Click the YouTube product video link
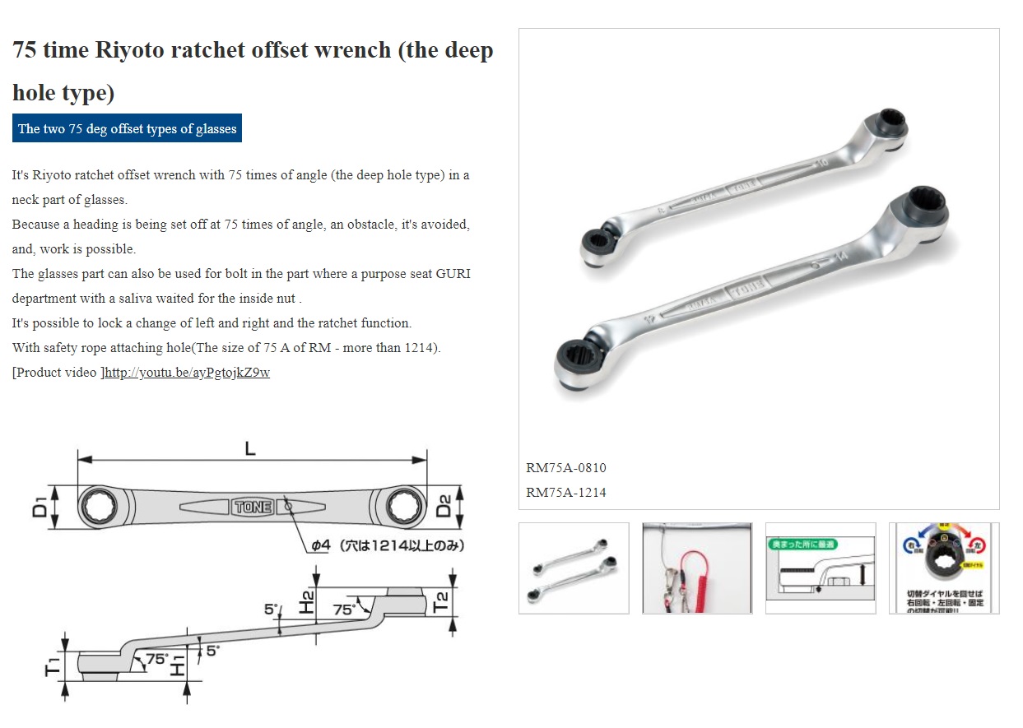(188, 373)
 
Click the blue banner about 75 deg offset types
(127, 128)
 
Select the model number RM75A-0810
(565, 468)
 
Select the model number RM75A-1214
(565, 493)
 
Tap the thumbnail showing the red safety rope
(696, 568)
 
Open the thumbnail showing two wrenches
(574, 568)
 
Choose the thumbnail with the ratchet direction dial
(943, 568)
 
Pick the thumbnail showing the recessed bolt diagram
(820, 568)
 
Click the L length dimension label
(250, 449)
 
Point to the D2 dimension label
(444, 506)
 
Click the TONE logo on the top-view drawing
(253, 508)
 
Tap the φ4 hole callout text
(387, 545)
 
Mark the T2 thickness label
(441, 603)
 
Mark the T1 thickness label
(51, 666)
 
